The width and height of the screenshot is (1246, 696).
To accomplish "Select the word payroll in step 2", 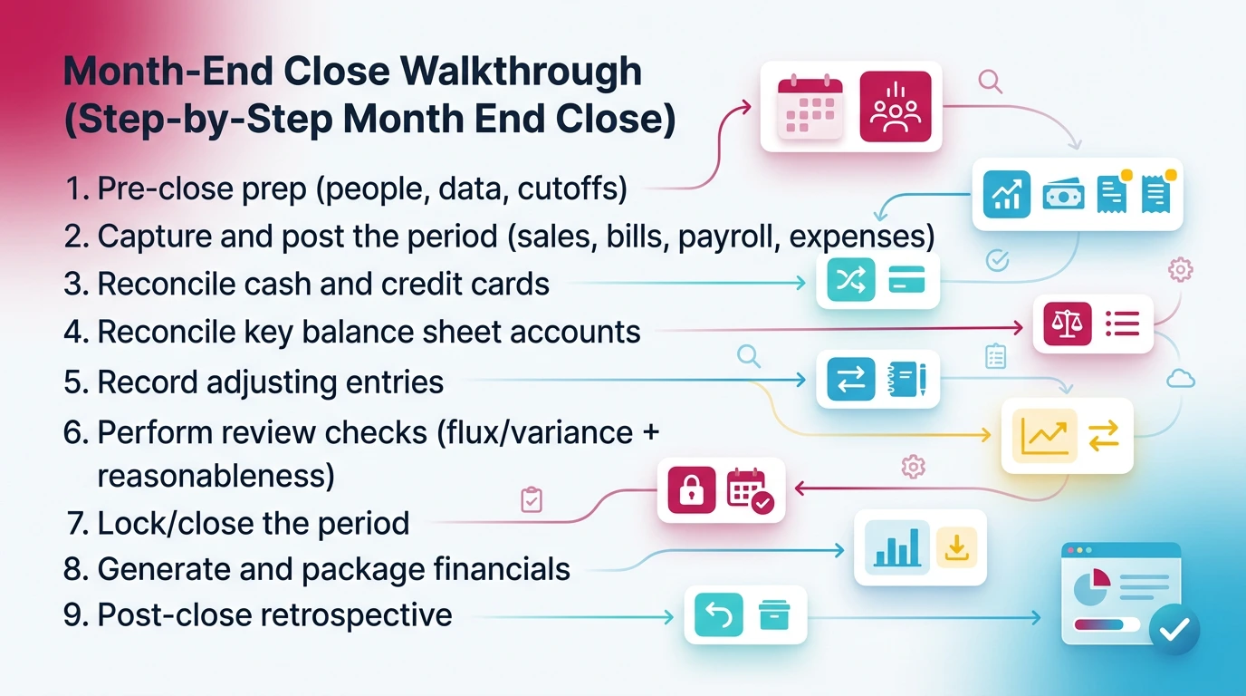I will tap(727, 236).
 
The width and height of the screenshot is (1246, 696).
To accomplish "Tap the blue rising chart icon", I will tap(1006, 194).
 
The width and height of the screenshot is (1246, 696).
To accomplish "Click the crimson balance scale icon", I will tap(1068, 324).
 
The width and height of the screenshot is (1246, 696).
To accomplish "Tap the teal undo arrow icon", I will tap(718, 616).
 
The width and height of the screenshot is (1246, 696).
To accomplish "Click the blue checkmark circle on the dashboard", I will tap(1174, 630).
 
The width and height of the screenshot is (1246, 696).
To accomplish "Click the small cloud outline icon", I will tap(1181, 379).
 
